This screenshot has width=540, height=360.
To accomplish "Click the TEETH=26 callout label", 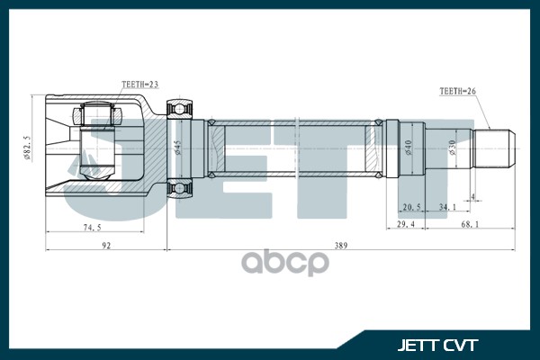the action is pyautogui.click(x=456, y=91).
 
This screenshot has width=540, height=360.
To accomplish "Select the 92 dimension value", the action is pyautogui.click(x=106, y=245).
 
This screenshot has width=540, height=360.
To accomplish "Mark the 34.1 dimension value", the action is pyautogui.click(x=448, y=206).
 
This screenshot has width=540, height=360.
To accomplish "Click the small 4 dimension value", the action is pyautogui.click(x=472, y=195).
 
